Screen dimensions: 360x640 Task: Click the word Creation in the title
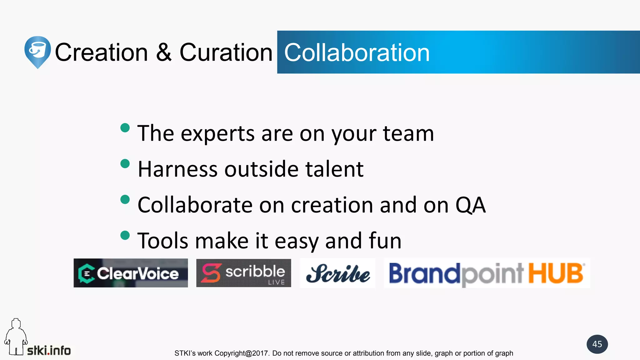pos(101,52)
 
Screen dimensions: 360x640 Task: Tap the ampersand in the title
pos(164,52)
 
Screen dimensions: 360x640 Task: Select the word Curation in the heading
pos(226,52)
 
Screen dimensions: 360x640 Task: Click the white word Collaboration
pos(357,52)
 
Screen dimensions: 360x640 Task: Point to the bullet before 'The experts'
pos(125,128)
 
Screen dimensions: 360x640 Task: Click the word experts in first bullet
pos(217,134)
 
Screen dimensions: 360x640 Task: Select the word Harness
pos(177,169)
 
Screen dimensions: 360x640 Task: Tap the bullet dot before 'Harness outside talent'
pos(125,164)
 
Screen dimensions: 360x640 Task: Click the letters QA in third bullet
pos(470,205)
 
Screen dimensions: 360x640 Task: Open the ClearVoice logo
pos(131,273)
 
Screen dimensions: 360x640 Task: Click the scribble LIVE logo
pos(243,273)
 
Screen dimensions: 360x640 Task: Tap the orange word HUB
pos(556,273)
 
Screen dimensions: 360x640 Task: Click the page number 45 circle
pos(597,344)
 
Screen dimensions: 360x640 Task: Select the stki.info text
pos(49,351)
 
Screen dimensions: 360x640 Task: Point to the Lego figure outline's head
pos(16,324)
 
